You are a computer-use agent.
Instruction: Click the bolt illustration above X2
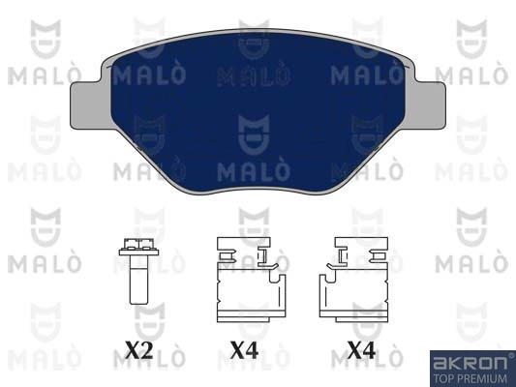point(138,271)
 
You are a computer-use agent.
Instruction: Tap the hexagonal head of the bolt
point(138,247)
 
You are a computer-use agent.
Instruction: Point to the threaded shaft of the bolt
point(138,281)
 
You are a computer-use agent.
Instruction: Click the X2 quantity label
point(138,350)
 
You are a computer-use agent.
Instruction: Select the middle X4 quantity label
point(244,350)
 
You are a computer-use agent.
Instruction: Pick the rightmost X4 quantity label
point(361,350)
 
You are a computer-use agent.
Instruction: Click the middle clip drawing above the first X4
point(251,280)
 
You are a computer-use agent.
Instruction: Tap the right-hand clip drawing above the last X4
point(353,280)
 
